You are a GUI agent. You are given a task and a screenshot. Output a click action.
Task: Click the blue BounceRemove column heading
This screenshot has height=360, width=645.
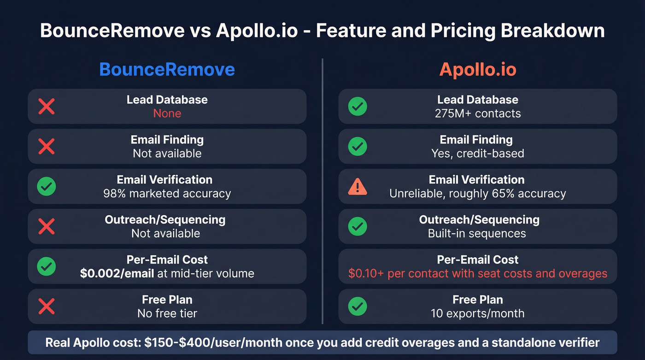point(167,70)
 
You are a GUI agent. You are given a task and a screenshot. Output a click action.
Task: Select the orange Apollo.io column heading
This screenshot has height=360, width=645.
point(477,70)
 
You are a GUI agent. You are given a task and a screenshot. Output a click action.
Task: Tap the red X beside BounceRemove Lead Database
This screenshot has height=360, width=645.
point(46,106)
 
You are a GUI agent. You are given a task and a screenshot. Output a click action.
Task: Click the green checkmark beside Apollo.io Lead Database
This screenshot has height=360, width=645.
point(358,106)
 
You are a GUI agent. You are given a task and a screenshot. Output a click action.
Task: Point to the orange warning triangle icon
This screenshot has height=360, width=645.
point(358,187)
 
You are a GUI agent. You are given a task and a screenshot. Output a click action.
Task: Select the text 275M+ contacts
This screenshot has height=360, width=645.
point(477,114)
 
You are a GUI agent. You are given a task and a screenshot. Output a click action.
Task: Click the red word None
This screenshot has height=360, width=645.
point(167,114)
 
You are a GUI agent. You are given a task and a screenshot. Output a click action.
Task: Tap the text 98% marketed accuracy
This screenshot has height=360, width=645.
point(167,194)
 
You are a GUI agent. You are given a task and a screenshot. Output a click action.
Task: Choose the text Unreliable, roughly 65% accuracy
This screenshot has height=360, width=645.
point(477,194)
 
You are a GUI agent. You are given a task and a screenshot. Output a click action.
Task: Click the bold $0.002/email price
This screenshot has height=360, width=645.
point(117,273)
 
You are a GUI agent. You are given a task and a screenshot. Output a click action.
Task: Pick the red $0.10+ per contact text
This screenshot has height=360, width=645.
point(477,273)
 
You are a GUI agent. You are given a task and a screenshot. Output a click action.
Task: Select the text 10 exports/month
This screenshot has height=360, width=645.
point(477,313)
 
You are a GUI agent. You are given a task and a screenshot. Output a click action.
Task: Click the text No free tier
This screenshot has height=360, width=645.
point(167,313)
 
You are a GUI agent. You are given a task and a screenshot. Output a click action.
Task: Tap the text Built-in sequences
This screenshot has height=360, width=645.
point(477,234)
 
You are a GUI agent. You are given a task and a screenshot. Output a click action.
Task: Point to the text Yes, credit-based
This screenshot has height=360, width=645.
point(477,153)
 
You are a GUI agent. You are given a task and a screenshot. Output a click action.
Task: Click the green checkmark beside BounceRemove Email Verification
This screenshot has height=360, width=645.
point(46,187)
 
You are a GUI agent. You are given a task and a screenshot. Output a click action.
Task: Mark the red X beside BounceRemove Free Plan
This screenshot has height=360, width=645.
point(46,306)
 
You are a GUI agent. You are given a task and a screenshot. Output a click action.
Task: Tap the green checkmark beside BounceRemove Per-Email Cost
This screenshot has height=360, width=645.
point(46,266)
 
